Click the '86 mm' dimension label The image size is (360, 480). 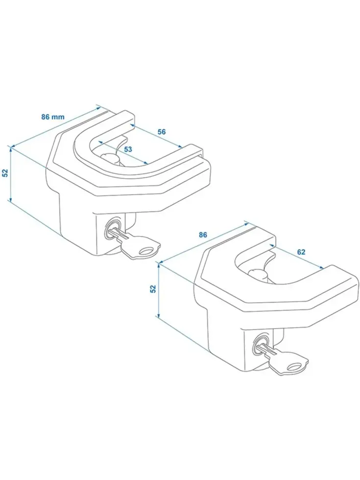tap(53, 117)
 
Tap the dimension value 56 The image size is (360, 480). tap(161, 132)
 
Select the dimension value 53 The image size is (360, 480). tap(128, 149)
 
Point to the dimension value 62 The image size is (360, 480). tap(301, 252)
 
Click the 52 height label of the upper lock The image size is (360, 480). tap(5, 173)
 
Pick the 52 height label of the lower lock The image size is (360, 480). tap(153, 288)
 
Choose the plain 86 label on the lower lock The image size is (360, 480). tap(203, 235)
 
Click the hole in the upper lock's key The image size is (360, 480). tap(146, 251)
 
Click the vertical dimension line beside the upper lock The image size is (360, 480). tap(11, 174)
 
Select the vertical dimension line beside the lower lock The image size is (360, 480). tap(159, 290)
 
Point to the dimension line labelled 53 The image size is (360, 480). tap(123, 153)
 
